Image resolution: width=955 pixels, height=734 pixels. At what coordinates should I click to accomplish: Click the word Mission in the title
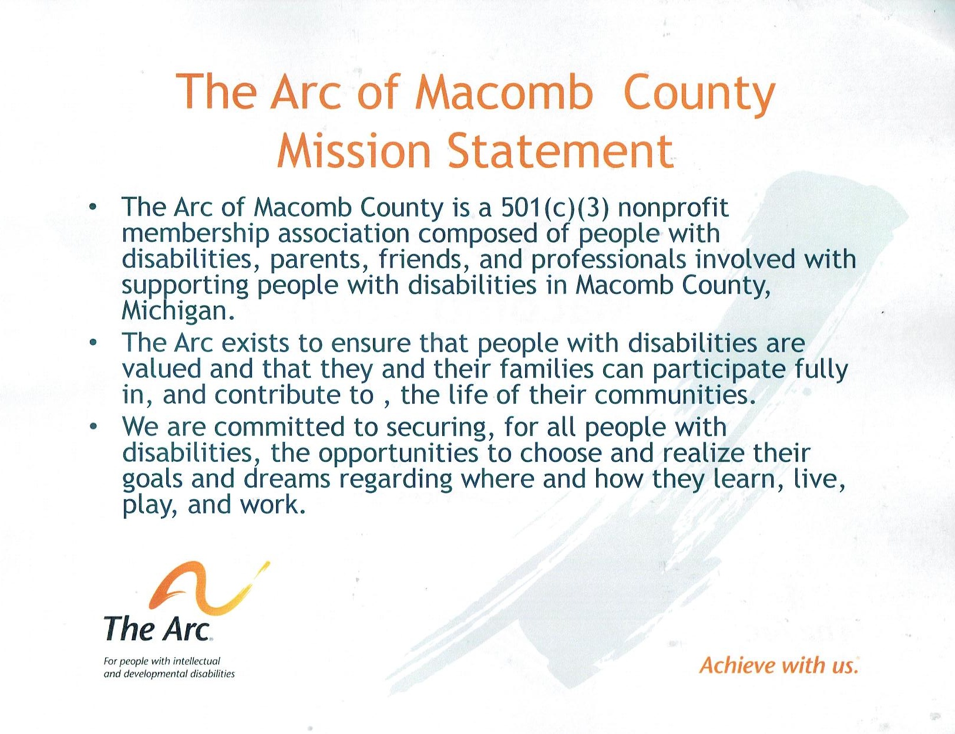point(354,150)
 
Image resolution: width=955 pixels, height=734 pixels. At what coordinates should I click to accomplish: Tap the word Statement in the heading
point(560,150)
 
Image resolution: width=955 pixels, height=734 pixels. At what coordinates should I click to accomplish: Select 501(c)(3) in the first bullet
point(554,208)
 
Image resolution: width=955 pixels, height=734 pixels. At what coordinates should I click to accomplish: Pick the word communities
point(672,394)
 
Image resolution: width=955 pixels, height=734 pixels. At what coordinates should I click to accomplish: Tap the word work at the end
point(272,505)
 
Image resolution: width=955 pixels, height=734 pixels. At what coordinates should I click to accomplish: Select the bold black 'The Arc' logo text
point(157,628)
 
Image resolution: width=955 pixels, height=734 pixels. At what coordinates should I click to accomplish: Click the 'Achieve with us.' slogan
point(778,665)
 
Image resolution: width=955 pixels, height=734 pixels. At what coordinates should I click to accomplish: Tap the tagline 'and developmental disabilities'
point(169,674)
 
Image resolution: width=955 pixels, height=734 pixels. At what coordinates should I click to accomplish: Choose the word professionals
point(608,261)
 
